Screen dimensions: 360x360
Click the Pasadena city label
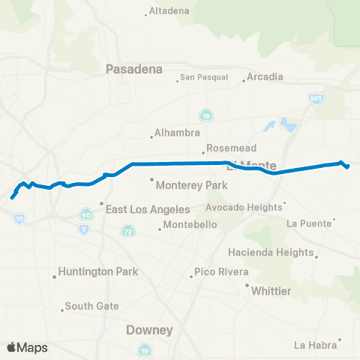[134, 69]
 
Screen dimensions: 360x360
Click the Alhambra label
[175, 134]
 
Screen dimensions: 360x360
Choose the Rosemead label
[226, 148]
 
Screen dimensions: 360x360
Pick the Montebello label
[190, 224]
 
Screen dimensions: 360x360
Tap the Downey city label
[149, 330]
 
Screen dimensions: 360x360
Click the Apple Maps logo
[27, 347]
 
